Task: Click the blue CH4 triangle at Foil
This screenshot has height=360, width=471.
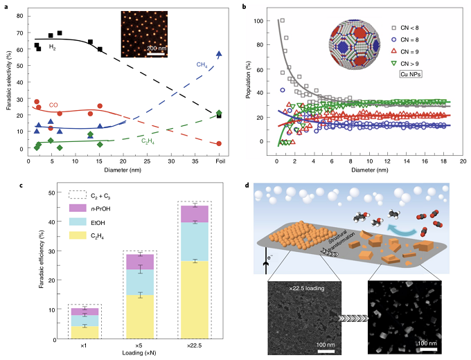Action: pos(219,54)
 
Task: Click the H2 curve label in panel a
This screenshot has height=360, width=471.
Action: pos(52,47)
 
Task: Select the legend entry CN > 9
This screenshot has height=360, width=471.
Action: pos(418,61)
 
